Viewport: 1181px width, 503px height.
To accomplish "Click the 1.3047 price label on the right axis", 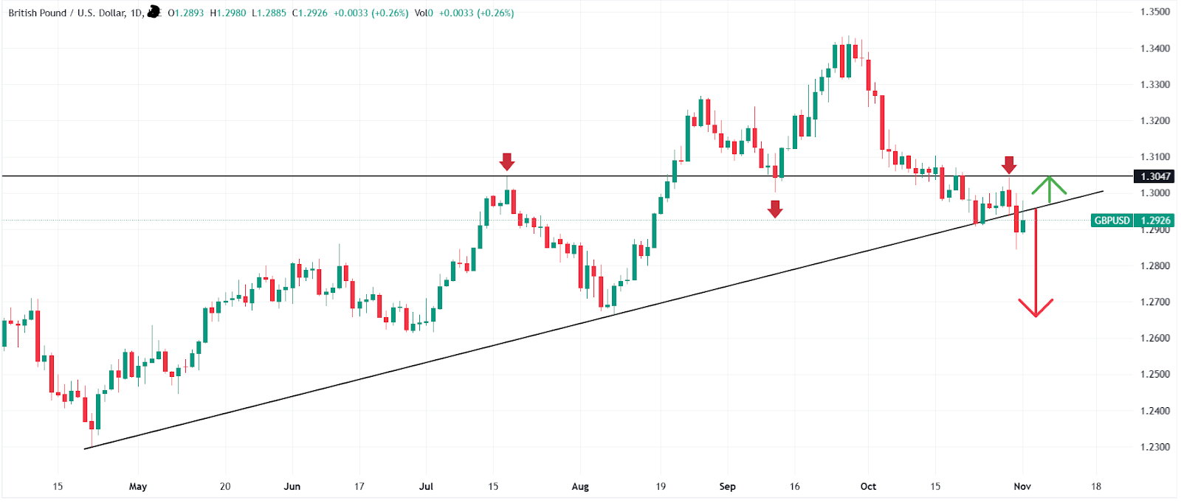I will point(1155,176).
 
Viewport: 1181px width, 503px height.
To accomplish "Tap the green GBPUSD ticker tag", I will point(1112,221).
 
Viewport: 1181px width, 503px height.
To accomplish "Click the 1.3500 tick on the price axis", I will point(1155,12).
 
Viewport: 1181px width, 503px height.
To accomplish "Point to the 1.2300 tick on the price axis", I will point(1155,447).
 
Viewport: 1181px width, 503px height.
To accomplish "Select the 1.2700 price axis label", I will point(1155,302).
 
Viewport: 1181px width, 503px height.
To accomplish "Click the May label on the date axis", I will point(138,487).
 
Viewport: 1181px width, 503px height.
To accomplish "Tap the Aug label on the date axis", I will point(580,487).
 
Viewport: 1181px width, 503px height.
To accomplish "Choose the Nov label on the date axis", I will point(1022,487).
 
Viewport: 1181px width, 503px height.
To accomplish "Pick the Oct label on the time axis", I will point(868,487).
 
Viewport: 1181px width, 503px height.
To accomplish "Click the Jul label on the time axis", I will point(426,487).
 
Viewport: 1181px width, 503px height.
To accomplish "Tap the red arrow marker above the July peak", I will point(506,162).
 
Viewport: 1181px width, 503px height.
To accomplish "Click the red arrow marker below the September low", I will point(774,209).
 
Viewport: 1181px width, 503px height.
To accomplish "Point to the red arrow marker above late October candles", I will point(1009,164).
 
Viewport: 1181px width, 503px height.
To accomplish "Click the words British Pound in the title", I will point(37,13).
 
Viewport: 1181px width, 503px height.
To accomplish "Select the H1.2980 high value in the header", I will point(228,13).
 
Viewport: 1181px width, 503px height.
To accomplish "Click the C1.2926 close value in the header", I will point(310,13).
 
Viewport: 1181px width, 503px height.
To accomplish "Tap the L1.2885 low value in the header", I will point(269,13).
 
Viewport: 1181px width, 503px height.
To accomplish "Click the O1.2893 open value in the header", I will point(186,13).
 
